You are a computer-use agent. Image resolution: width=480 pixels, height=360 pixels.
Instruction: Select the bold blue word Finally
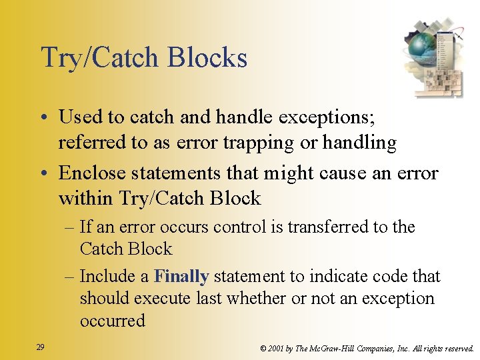point(181,276)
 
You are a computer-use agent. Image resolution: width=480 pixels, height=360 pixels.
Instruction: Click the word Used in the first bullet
point(81,117)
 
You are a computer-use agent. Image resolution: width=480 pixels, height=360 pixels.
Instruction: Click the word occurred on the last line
point(112,321)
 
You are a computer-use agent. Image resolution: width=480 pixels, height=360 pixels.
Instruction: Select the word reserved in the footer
point(455,348)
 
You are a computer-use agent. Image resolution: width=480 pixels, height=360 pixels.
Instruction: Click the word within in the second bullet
point(86,199)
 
